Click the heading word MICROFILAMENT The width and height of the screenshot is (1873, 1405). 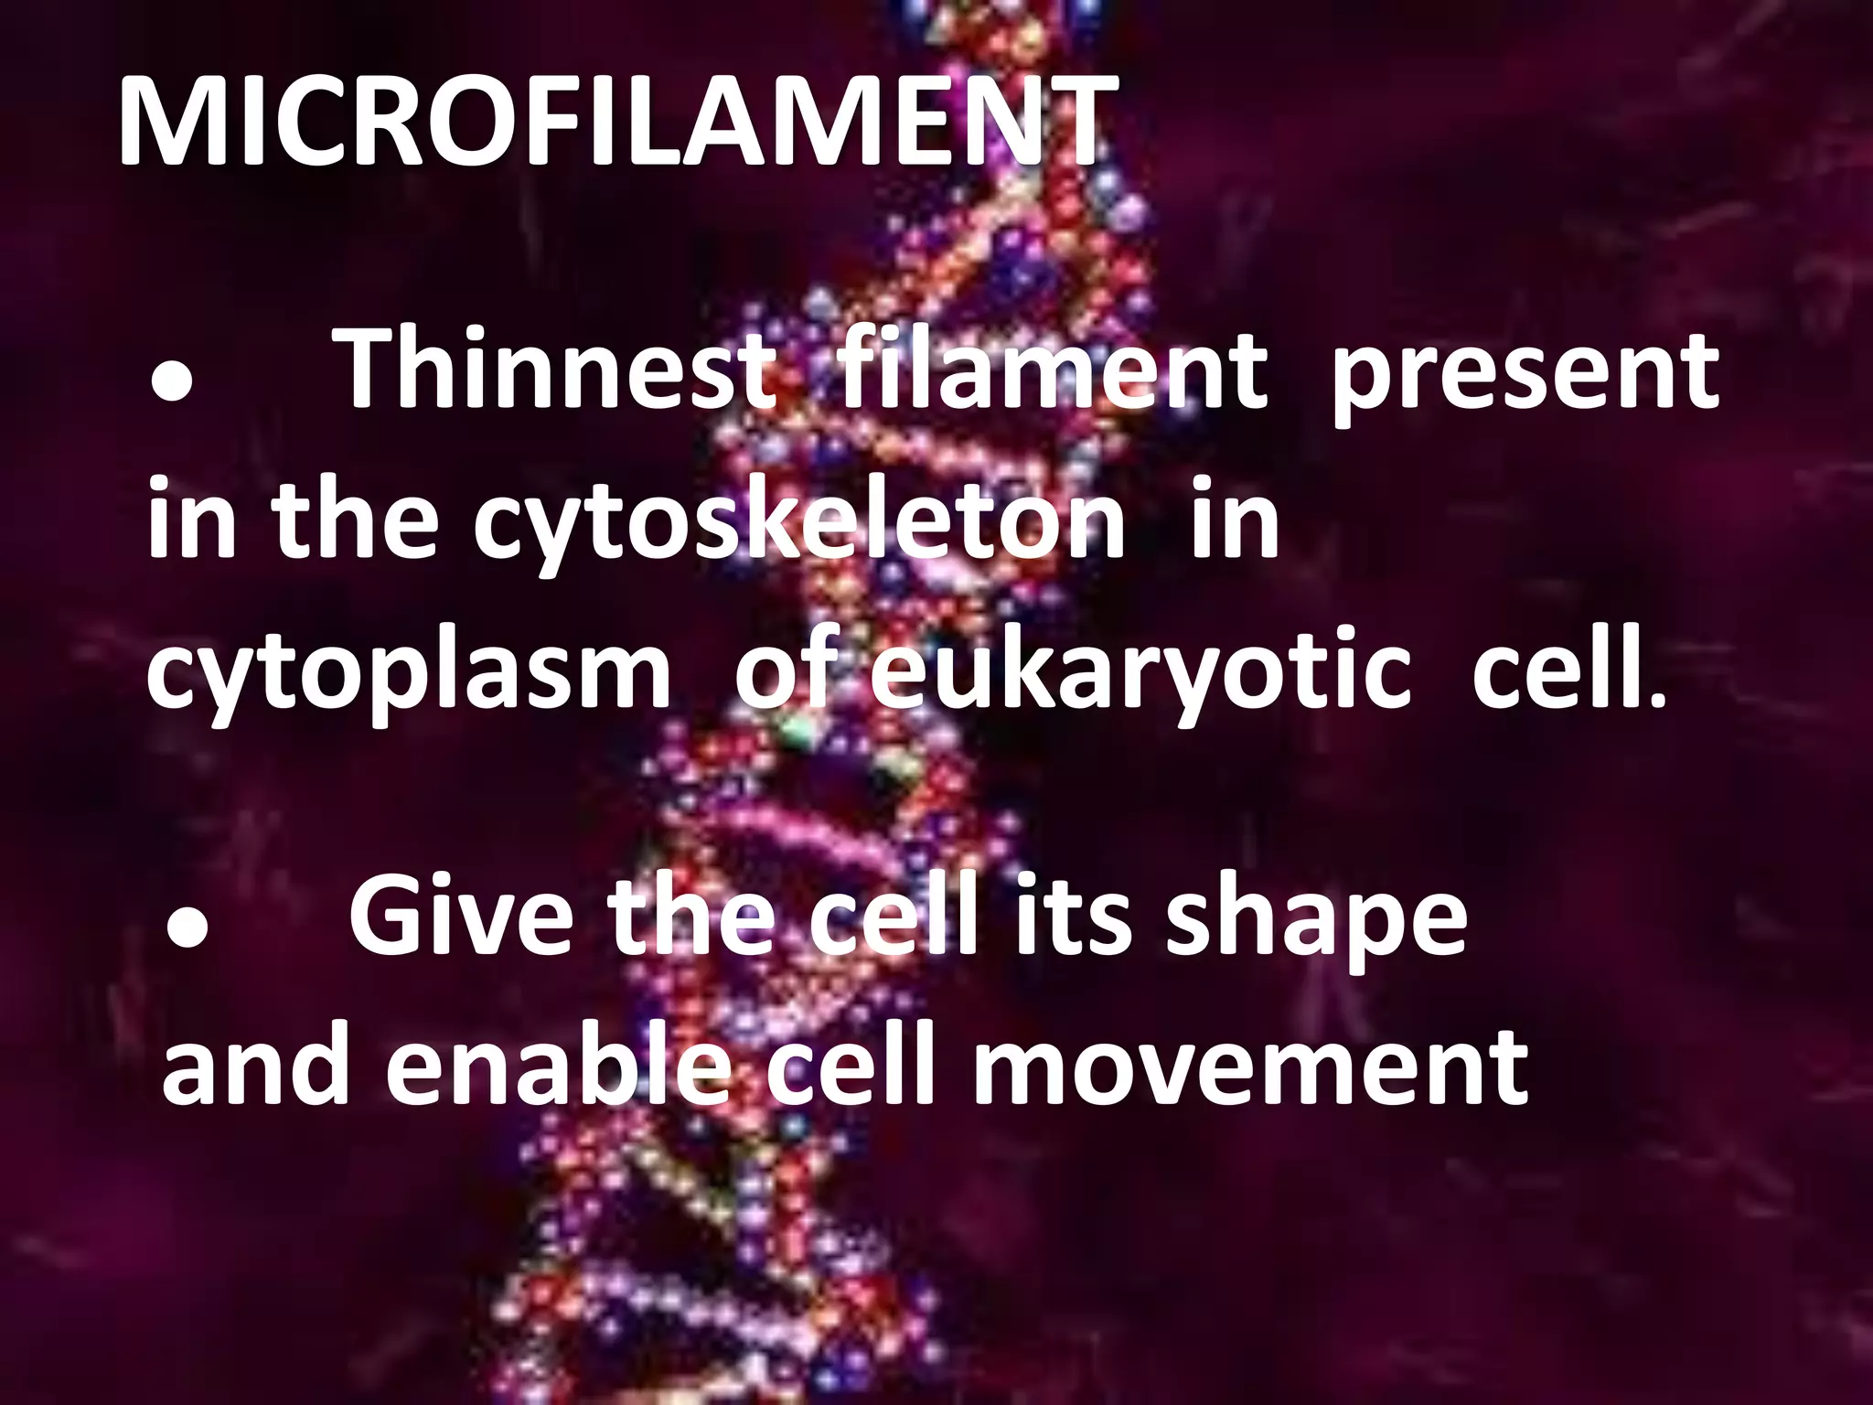(617, 122)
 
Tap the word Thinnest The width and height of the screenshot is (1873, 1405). (555, 370)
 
